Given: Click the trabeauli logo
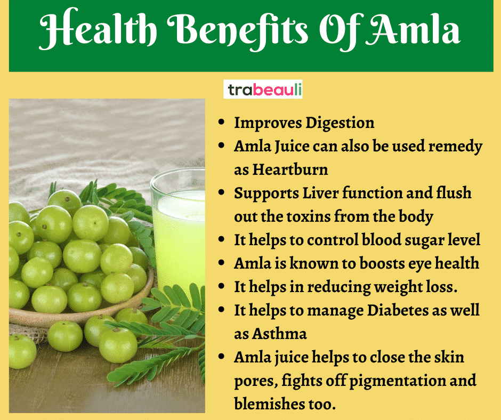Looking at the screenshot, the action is pos(263,89).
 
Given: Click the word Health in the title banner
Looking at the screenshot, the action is pos(98,29).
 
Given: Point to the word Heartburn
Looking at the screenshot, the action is pos(290,169).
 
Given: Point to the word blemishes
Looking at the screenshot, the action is pos(269,403).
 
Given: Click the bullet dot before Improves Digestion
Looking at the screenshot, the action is pos(221,123).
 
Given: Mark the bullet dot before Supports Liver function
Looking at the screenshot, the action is pos(221,193).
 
